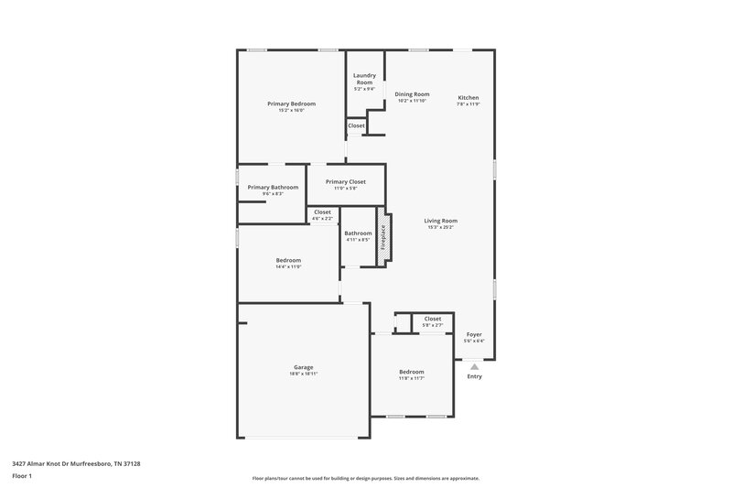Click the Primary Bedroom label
(292, 103)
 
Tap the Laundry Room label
(364, 79)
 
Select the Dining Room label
(412, 94)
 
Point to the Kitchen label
(468, 98)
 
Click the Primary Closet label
(345, 181)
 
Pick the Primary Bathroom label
(273, 187)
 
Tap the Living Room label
(440, 221)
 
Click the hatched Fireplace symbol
(384, 240)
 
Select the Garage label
(304, 367)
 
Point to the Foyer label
(474, 334)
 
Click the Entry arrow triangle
(474, 365)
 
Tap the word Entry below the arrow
(474, 376)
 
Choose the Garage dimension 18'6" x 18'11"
(304, 374)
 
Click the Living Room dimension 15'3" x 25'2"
(440, 227)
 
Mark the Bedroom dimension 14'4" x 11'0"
(288, 266)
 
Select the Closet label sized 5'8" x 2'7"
(433, 319)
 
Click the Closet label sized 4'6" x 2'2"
(322, 212)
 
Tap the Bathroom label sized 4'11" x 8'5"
(358, 233)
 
